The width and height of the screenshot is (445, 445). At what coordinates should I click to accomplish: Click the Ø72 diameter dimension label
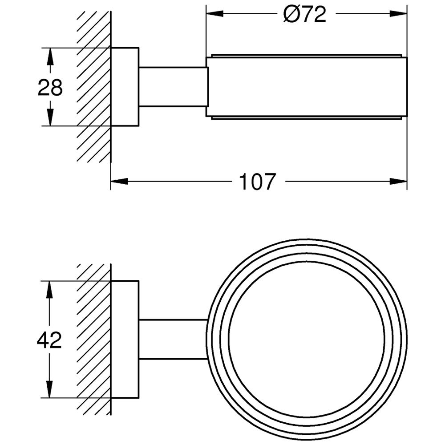(x=305, y=14)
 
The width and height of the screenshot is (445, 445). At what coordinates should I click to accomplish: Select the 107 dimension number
(x=257, y=182)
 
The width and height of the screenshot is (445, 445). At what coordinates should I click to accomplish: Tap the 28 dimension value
(x=50, y=87)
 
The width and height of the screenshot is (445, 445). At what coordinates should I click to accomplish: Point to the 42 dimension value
(x=49, y=340)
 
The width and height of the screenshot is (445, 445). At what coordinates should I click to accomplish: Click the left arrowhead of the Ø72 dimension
(x=215, y=13)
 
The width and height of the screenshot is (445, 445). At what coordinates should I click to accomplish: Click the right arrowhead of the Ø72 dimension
(x=398, y=13)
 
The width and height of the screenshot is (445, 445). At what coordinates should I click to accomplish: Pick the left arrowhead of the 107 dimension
(x=119, y=181)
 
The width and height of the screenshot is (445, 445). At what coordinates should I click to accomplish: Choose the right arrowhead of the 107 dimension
(x=398, y=181)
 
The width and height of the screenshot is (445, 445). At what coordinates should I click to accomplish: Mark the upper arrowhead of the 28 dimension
(x=50, y=57)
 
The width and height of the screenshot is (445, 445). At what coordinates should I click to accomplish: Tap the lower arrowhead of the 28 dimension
(x=50, y=117)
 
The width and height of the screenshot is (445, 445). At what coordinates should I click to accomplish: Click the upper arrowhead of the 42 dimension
(x=50, y=290)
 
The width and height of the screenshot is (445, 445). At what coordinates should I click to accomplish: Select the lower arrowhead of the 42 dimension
(x=50, y=389)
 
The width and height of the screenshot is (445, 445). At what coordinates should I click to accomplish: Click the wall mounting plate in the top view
(x=125, y=87)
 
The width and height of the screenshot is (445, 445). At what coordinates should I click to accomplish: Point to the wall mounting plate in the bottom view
(x=125, y=340)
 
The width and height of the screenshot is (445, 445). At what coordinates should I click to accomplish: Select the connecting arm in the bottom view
(x=174, y=340)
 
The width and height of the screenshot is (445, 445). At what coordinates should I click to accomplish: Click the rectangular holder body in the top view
(x=307, y=87)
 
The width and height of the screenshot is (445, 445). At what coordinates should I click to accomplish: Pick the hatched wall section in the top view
(x=93, y=87)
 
